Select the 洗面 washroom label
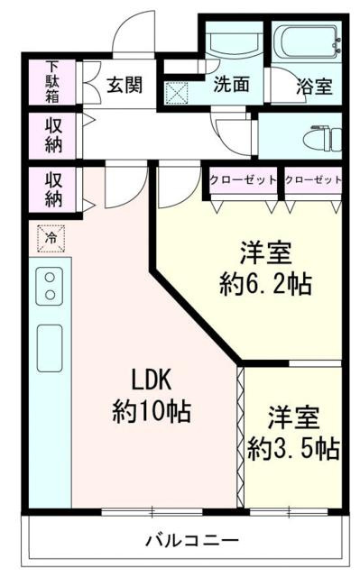[x=232, y=86]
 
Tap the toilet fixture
[x=321, y=137]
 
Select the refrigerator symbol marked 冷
[x=51, y=237]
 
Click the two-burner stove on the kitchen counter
[x=50, y=288]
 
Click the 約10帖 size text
[x=151, y=411]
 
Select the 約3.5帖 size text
[x=294, y=446]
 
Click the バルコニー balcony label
[x=192, y=541]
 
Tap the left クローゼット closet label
[x=243, y=179]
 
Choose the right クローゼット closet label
[x=313, y=179]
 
